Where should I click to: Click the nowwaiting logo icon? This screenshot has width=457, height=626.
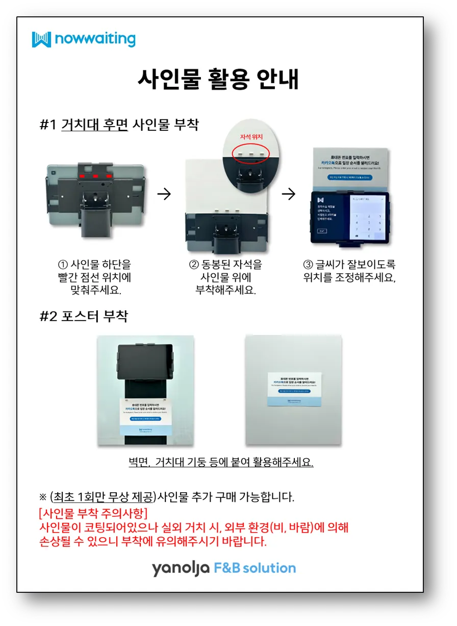[41, 39]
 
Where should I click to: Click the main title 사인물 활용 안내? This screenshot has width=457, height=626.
[218, 79]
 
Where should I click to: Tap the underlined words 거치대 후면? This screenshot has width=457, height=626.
[94, 125]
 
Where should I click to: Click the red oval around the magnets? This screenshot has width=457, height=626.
[249, 153]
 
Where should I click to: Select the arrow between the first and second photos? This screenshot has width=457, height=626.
[164, 194]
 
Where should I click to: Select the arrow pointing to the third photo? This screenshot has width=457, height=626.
[289, 194]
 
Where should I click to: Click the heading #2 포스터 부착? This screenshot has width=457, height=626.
[84, 316]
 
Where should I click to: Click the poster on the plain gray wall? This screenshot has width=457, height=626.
[295, 390]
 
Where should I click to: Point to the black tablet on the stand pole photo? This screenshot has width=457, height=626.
[145, 361]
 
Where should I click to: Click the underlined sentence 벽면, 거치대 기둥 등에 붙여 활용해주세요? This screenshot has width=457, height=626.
[221, 463]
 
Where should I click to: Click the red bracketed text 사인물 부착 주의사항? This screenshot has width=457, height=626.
[93, 513]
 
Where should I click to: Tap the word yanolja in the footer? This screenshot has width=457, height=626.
[180, 568]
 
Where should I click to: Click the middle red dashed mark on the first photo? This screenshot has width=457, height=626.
[95, 176]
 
